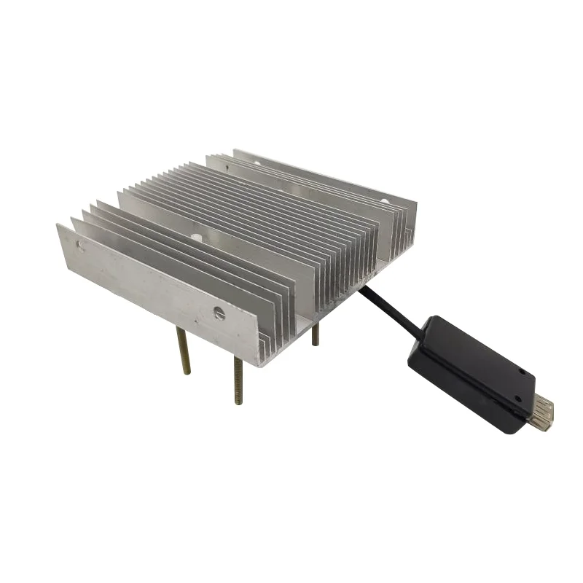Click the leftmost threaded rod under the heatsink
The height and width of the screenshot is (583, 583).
click(184, 351)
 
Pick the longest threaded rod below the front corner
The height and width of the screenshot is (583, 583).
click(238, 379)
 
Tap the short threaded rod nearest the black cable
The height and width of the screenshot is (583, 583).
click(316, 334)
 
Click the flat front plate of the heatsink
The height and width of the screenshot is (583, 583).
click(160, 291)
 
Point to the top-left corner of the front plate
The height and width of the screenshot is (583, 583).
click(58, 226)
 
